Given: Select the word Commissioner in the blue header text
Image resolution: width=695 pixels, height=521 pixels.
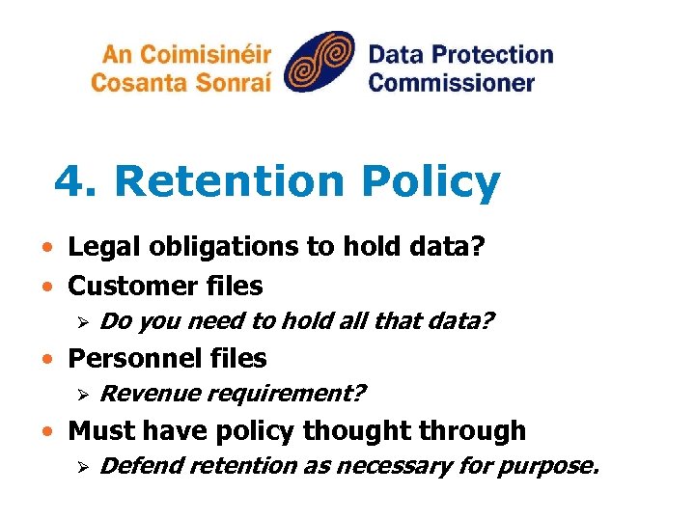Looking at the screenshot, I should tap(451, 82).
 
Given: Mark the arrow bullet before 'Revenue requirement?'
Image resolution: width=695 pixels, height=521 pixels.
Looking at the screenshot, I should tap(84, 395).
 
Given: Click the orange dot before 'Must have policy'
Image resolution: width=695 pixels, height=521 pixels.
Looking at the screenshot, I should tap(47, 431).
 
